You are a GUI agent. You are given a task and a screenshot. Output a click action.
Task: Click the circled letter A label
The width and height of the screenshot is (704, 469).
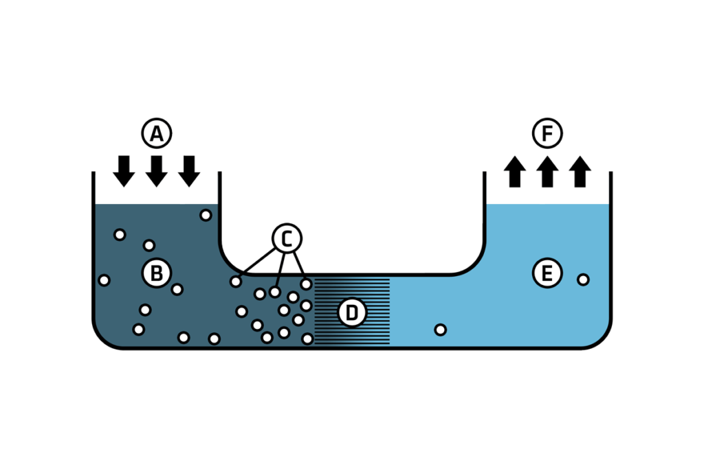tap(156, 134)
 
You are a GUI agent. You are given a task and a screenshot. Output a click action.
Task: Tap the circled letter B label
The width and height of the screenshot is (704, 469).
tap(156, 273)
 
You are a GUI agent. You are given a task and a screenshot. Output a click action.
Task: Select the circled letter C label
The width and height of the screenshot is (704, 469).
tap(287, 238)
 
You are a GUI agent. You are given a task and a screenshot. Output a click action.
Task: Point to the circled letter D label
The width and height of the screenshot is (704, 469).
tap(352, 313)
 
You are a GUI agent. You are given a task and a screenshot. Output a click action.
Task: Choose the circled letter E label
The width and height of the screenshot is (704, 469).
tap(547, 274)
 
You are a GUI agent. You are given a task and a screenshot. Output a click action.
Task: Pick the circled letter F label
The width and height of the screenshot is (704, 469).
tap(547, 134)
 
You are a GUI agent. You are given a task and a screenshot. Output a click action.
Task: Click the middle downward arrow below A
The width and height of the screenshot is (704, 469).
tap(156, 170)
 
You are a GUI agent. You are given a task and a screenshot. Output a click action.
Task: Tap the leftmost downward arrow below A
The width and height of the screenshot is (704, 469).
tap(124, 170)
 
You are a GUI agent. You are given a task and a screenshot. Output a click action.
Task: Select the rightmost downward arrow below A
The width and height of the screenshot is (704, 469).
tap(188, 170)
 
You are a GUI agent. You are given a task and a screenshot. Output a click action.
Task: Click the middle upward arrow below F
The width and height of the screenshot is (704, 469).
tap(547, 172)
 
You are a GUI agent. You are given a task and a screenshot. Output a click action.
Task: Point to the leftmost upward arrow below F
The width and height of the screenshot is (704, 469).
tap(514, 172)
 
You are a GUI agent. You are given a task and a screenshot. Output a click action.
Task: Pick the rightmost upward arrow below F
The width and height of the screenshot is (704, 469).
tap(580, 172)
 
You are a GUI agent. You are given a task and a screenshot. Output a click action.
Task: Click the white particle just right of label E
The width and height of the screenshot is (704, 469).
tap(583, 279)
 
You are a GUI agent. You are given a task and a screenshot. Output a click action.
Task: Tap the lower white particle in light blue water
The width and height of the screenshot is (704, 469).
tap(441, 330)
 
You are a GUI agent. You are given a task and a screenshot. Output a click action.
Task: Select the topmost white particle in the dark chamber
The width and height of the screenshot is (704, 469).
tap(206, 215)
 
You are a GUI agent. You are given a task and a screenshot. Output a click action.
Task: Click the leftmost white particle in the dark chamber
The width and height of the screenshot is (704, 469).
tap(104, 279)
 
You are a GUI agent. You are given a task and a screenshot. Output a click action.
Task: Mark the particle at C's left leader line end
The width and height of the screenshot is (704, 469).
tap(236, 281)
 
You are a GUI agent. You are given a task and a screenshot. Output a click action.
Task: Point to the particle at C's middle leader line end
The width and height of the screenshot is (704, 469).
tap(275, 292)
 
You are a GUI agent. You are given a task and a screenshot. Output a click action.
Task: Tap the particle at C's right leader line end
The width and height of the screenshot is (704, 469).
tap(307, 284)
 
